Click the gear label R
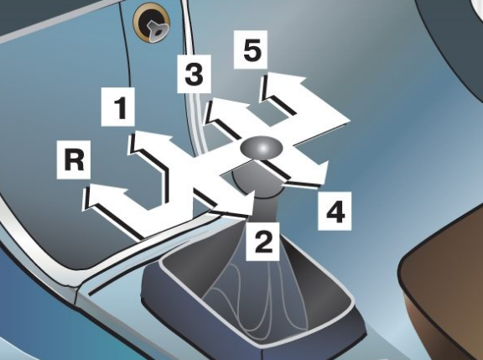point(74,159)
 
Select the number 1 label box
point(118,107)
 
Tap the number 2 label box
point(262,242)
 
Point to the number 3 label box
point(194,74)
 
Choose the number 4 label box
point(335,211)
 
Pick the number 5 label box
point(251,50)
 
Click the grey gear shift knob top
point(262,147)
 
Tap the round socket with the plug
point(152,23)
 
